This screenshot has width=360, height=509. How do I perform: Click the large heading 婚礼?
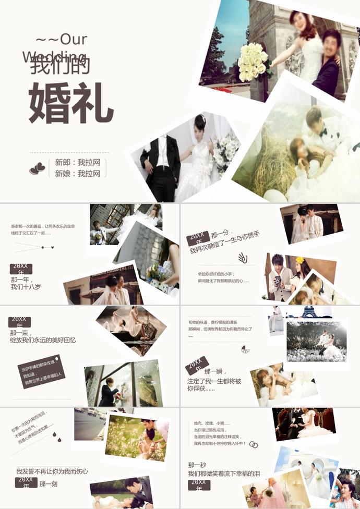point(71,102)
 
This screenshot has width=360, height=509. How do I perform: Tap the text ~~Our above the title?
point(61,39)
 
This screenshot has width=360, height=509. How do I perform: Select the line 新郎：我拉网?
point(78,162)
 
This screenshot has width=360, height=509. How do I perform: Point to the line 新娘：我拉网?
point(78,174)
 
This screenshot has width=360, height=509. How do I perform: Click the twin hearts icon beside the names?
point(37,168)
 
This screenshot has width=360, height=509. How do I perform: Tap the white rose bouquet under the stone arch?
point(253,61)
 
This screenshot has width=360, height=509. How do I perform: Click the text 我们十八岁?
point(26,287)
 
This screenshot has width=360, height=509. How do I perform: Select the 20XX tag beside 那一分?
point(198,239)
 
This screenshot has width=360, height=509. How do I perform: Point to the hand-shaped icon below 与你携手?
point(243,258)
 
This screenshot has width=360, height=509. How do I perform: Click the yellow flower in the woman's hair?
point(299,260)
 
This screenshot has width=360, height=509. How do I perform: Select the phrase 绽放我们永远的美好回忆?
point(43,340)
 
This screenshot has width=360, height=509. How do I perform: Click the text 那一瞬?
point(213,371)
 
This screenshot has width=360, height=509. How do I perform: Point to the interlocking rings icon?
point(254,444)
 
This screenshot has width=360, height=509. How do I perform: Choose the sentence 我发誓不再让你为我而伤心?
point(52,471)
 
